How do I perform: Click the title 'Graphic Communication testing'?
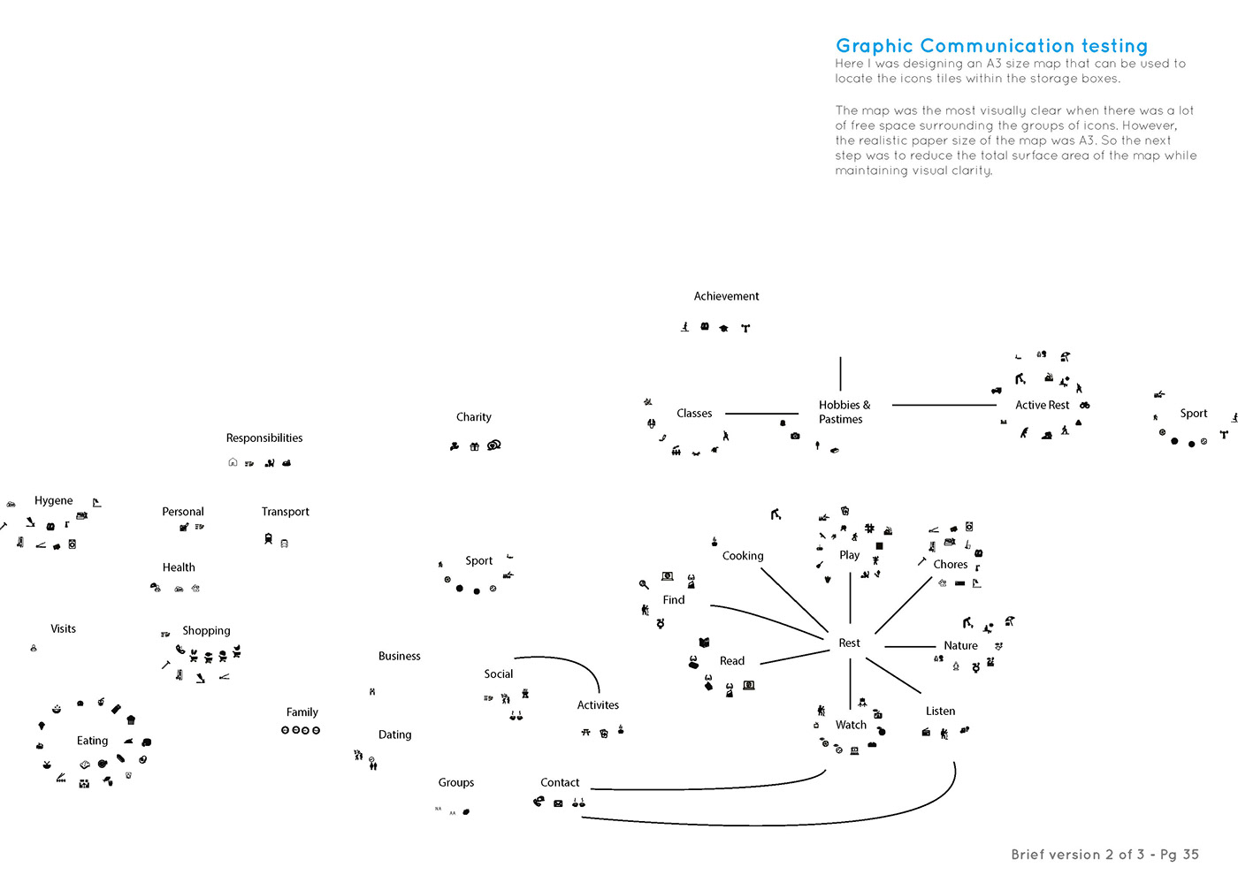(991, 46)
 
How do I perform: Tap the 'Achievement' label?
(726, 296)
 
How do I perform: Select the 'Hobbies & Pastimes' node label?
(844, 412)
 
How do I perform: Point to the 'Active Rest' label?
(1042, 405)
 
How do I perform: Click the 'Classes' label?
(694, 414)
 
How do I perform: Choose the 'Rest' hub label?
(849, 643)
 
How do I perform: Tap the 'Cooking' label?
(743, 556)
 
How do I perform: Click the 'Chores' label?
(951, 564)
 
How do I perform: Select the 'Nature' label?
(960, 645)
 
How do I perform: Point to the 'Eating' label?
(92, 741)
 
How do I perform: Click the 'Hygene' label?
(54, 500)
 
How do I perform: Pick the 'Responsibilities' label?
(264, 437)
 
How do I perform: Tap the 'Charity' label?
(474, 417)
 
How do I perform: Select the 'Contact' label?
(560, 782)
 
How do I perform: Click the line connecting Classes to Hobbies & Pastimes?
(761, 414)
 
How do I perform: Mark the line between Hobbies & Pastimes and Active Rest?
(944, 405)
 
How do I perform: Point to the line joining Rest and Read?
(794, 657)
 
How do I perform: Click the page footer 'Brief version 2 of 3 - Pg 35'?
(1104, 854)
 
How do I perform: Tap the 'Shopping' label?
(206, 630)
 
